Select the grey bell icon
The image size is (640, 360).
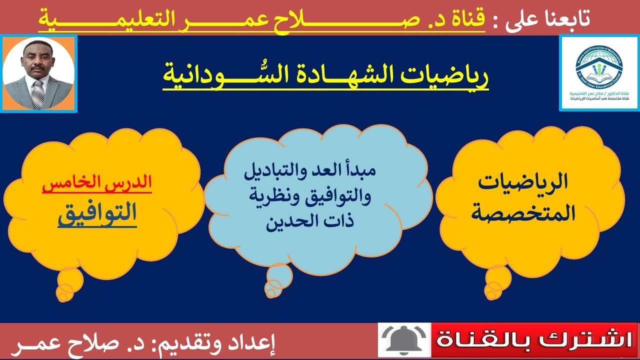403,341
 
